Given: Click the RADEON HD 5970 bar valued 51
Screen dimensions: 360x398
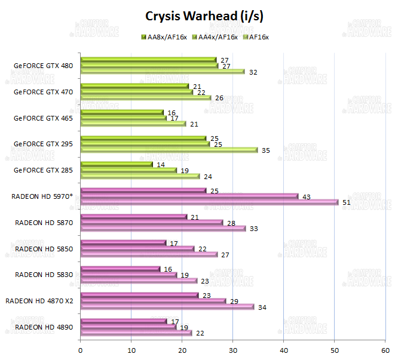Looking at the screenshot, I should pyautogui.click(x=209, y=202).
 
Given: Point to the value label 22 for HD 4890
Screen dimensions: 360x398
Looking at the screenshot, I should pyautogui.click(x=200, y=333).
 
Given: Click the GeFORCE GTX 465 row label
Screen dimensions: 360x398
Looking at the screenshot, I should pyautogui.click(x=43, y=118).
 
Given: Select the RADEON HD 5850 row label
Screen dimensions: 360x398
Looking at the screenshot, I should pyautogui.click(x=44, y=248).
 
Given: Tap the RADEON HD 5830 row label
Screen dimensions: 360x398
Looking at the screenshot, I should pyautogui.click(x=44, y=275).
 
